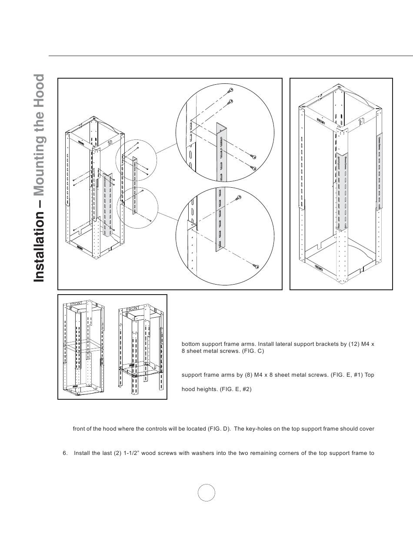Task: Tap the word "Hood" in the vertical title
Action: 39,89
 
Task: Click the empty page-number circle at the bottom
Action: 206,493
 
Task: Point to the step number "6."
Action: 65,453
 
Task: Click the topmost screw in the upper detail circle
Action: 230,90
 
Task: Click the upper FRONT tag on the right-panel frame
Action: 321,119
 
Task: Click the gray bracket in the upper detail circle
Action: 222,152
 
